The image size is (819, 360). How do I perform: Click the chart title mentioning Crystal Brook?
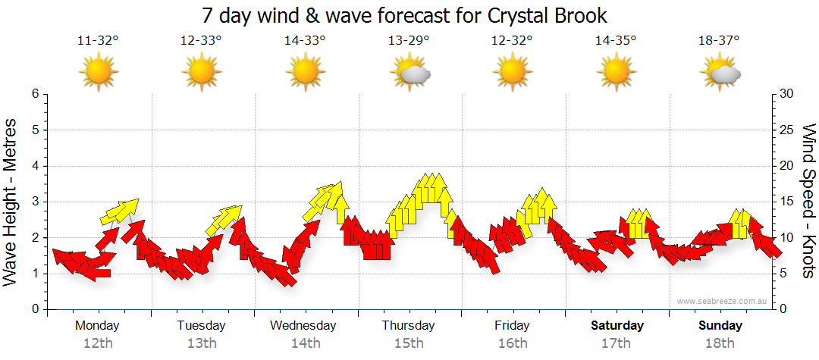[x=405, y=15]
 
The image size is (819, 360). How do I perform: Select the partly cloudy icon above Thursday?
[x=410, y=73]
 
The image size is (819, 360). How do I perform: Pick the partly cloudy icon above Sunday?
[x=720, y=73]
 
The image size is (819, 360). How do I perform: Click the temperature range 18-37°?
[x=719, y=41]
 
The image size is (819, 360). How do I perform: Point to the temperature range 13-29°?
[x=409, y=41]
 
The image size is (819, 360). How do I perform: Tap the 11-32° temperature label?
[x=99, y=41]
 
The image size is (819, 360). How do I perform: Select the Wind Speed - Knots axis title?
[x=808, y=202]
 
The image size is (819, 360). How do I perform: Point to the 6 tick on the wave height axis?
[x=34, y=94]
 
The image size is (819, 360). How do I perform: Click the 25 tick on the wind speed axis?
[x=787, y=130]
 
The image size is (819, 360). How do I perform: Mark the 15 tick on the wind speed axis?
[x=787, y=202]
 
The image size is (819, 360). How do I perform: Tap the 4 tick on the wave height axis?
[x=34, y=166]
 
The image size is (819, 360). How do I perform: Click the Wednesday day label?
[x=303, y=326]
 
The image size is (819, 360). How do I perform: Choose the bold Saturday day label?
[x=617, y=326]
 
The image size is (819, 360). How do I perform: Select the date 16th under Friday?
[x=513, y=343]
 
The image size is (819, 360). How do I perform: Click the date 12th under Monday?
[x=99, y=343]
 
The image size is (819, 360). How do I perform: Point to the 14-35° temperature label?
[x=616, y=41]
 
